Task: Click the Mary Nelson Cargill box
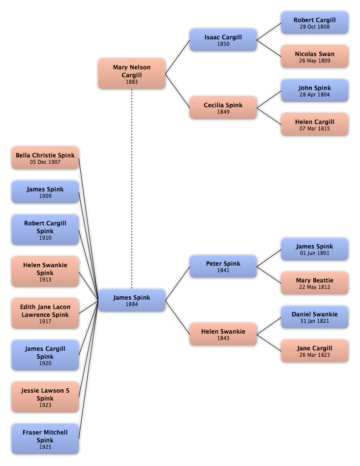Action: [x=132, y=74]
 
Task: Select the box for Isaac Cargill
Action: [x=223, y=40]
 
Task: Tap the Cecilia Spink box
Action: [x=223, y=108]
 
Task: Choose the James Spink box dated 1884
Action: [x=132, y=301]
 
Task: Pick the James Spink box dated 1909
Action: [x=45, y=192]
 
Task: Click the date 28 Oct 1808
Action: [x=315, y=27]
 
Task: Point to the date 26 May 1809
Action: [x=315, y=61]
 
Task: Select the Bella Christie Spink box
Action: [x=45, y=158]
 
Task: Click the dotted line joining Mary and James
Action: [x=132, y=189]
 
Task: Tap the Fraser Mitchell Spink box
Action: [x=45, y=439]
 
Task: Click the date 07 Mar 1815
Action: [x=315, y=129]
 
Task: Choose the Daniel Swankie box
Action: [x=315, y=317]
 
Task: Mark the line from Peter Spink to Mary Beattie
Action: [x=269, y=275]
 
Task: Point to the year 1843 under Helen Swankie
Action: [x=223, y=338]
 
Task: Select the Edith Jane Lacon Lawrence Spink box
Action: [x=45, y=313]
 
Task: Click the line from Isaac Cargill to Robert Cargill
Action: [x=269, y=31]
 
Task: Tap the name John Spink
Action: [x=315, y=88]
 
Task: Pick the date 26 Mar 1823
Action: [x=315, y=355]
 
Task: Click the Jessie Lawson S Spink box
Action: [x=45, y=397]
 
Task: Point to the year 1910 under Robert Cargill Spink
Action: [x=45, y=238]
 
